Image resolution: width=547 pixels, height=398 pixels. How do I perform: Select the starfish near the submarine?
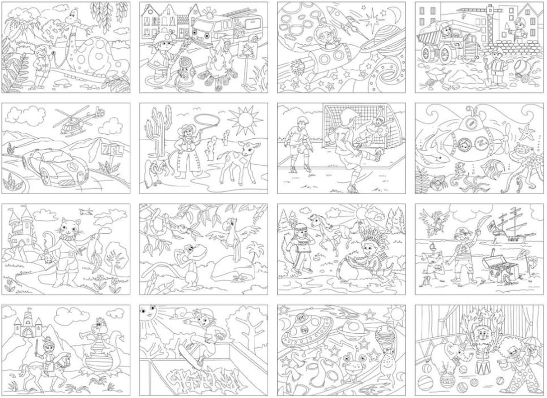[x=525, y=134]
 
